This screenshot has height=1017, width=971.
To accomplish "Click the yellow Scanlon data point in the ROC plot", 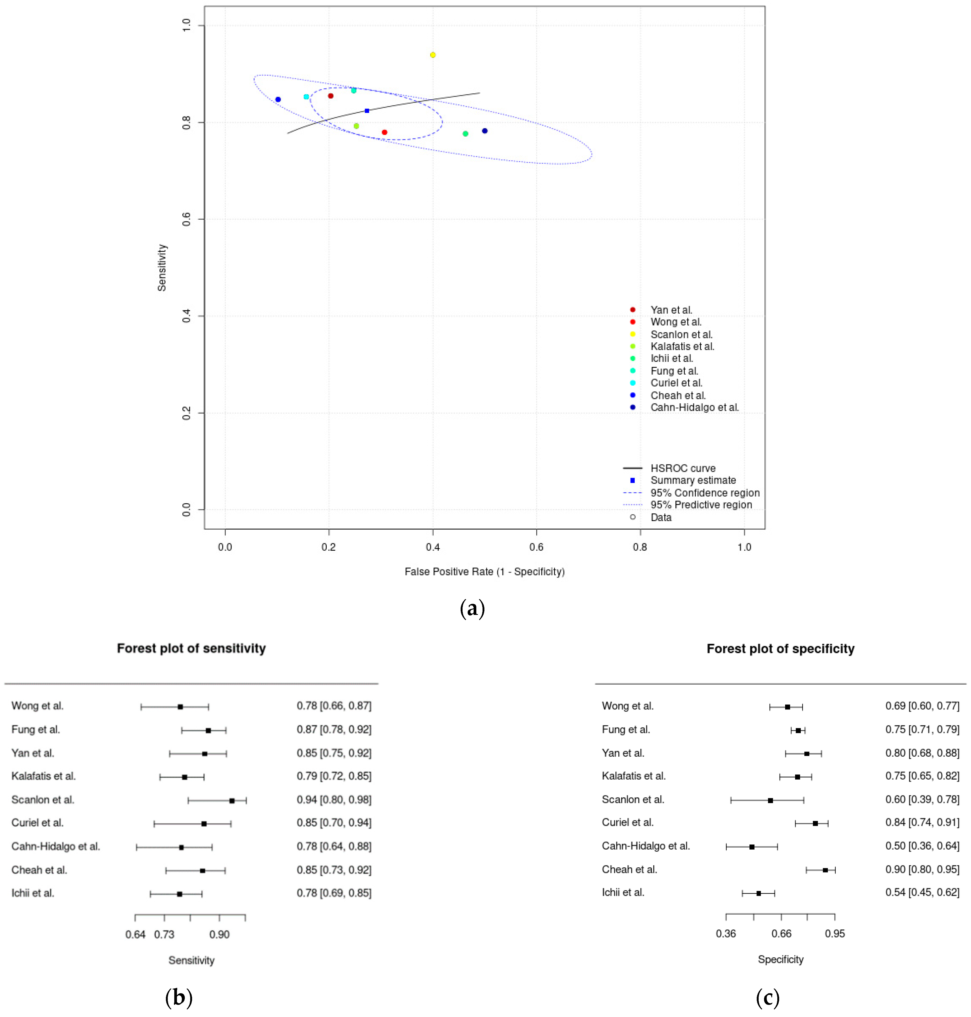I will pyautogui.click(x=433, y=55).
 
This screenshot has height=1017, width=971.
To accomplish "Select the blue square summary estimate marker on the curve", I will pyautogui.click(x=367, y=111).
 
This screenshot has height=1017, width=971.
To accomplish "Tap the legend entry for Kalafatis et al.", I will pyautogui.click(x=682, y=346).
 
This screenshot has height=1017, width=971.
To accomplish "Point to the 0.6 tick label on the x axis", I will pyautogui.click(x=536, y=547).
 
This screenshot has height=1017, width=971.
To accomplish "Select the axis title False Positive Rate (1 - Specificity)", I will pyautogui.click(x=484, y=572).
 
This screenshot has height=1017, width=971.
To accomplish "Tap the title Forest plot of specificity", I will pyautogui.click(x=780, y=649).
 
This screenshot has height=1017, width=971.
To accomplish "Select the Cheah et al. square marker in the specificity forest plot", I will pyautogui.click(x=825, y=870).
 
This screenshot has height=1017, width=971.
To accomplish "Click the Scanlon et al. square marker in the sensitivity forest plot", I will pyautogui.click(x=232, y=801).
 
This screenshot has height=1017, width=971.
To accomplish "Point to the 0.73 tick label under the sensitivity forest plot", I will pyautogui.click(x=164, y=934).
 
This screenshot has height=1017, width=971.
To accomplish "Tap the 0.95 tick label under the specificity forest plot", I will pyautogui.click(x=834, y=934).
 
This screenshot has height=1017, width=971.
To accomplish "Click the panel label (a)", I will pyautogui.click(x=472, y=608).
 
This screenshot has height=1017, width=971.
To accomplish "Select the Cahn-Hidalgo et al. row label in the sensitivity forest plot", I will pyautogui.click(x=55, y=846).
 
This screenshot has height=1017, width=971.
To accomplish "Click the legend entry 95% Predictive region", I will pyautogui.click(x=701, y=505).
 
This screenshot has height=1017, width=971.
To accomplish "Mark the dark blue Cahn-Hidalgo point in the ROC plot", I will pyautogui.click(x=484, y=131).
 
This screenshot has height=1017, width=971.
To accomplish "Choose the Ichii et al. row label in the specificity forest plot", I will pyautogui.click(x=623, y=892).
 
